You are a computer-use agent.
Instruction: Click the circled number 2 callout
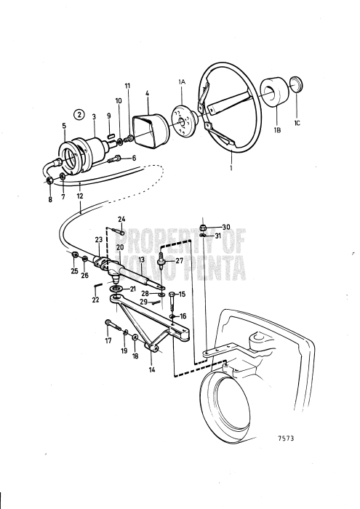(79, 114)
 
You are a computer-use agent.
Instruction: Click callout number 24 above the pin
(121, 219)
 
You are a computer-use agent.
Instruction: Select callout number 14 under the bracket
(152, 369)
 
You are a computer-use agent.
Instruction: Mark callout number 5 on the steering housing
(65, 125)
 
